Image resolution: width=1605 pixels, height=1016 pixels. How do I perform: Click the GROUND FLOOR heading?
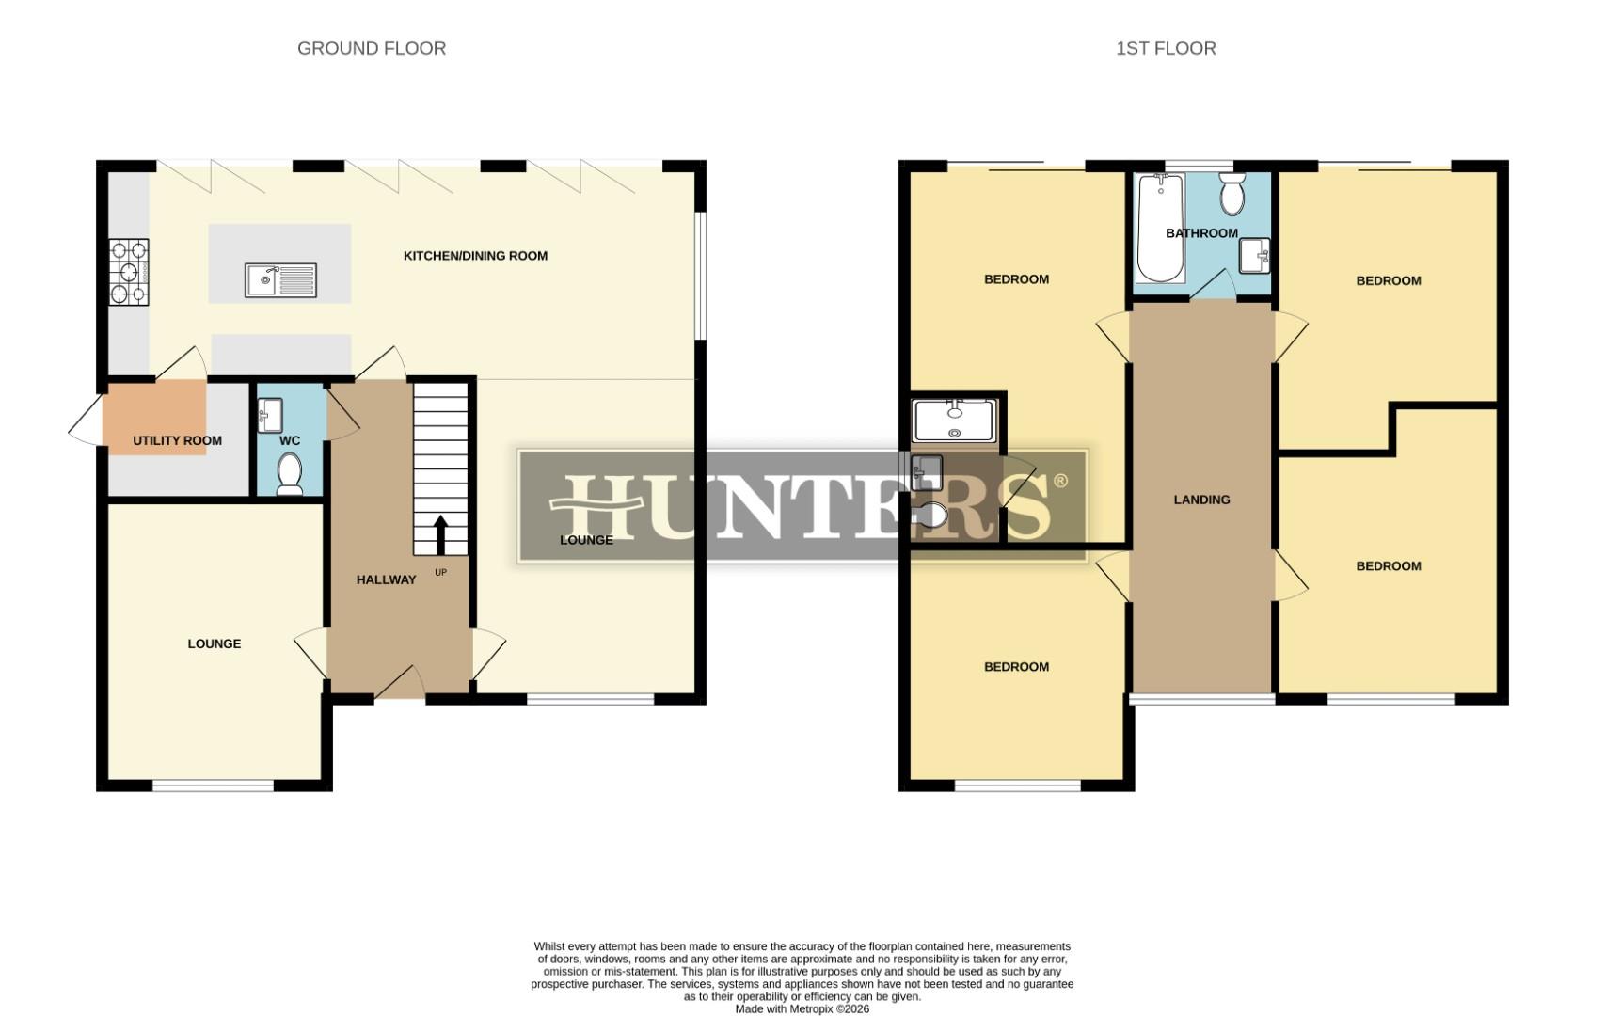point(371,48)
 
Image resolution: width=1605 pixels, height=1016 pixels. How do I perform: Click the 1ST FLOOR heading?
point(1165,48)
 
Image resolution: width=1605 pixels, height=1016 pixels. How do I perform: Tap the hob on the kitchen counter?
point(130,273)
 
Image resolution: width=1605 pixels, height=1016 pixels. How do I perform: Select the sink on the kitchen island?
point(281,279)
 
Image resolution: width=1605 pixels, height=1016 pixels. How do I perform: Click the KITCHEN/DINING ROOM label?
point(475,256)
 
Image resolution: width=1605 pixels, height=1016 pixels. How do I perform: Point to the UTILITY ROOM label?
point(177,440)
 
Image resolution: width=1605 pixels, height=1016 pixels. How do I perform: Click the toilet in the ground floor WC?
point(289,473)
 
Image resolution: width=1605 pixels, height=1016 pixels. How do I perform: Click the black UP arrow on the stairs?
point(439,534)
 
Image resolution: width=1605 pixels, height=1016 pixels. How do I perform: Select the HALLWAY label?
point(386,580)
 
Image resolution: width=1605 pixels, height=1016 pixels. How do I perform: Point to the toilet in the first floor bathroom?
point(1231,195)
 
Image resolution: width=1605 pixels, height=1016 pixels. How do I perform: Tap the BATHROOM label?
point(1201,233)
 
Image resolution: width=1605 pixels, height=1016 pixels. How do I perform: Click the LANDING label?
point(1201,500)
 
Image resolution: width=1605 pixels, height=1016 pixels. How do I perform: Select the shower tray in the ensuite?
point(954,421)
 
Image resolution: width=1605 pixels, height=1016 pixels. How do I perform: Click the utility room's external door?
point(86,419)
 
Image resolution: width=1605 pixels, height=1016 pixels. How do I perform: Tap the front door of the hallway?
point(399,684)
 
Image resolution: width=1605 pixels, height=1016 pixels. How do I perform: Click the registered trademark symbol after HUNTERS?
point(1060,481)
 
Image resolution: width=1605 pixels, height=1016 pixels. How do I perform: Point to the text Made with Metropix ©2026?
point(802,1008)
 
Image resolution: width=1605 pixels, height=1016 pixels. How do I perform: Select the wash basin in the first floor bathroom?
point(1254,256)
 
